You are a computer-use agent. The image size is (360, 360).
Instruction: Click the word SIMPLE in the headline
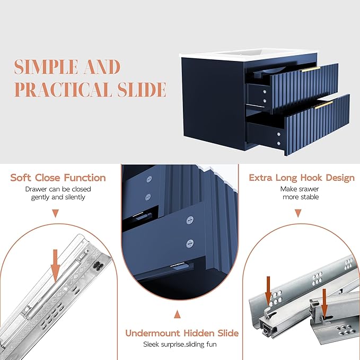[46, 67]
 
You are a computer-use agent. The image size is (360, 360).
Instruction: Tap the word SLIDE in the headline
[142, 89]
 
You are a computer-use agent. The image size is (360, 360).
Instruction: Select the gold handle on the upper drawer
[310, 69]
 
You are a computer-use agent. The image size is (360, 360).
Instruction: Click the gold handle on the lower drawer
[323, 105]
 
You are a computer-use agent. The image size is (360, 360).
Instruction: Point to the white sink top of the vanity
[249, 55]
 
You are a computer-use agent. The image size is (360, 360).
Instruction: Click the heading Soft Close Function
[58, 178]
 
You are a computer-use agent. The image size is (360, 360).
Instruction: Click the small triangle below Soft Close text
[55, 213]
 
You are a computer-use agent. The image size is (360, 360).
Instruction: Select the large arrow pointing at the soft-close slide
[55, 266]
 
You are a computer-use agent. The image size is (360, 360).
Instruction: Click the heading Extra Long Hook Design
[302, 178]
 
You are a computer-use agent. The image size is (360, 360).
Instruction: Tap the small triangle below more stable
[298, 213]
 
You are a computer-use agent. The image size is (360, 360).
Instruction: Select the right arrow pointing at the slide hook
[324, 303]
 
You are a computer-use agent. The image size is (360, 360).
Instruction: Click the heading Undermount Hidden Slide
[182, 333]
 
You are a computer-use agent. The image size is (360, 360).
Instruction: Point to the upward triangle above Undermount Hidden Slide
[177, 314]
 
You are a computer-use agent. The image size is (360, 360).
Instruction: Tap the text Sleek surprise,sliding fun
[180, 345]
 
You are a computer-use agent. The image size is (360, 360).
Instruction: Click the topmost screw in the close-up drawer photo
[149, 179]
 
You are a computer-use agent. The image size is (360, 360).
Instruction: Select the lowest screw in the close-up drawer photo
[190, 243]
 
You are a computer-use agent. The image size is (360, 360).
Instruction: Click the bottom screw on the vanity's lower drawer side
[279, 144]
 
